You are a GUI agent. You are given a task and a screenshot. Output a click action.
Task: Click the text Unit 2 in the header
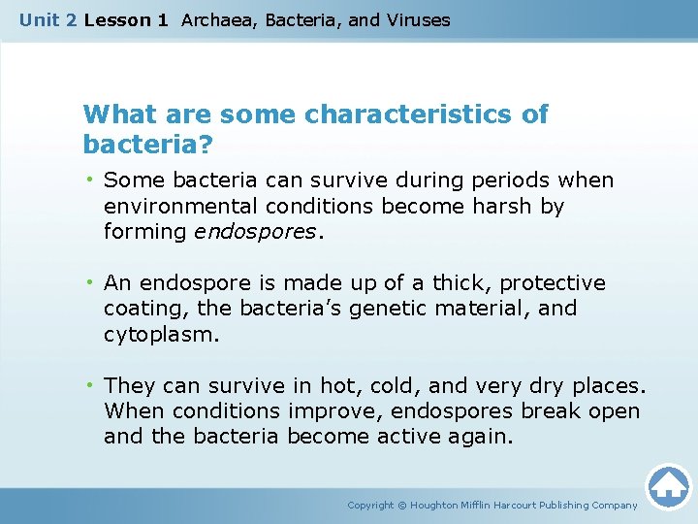click(x=48, y=19)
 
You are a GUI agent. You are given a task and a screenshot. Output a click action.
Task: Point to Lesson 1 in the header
click(x=125, y=19)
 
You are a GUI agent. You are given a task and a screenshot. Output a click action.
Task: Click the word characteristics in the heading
click(x=412, y=115)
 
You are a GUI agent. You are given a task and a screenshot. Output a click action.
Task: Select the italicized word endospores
click(x=255, y=231)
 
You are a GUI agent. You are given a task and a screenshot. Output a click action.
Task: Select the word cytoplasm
click(x=161, y=334)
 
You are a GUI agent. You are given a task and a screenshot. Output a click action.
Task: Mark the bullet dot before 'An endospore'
click(x=89, y=283)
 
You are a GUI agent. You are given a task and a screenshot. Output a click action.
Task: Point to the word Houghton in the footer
click(x=441, y=505)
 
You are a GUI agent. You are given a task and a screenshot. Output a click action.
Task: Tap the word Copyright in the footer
click(x=370, y=505)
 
